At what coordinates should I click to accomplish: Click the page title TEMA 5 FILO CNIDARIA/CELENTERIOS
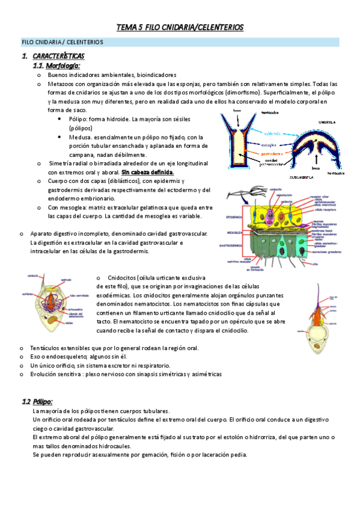coord(180,28)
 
